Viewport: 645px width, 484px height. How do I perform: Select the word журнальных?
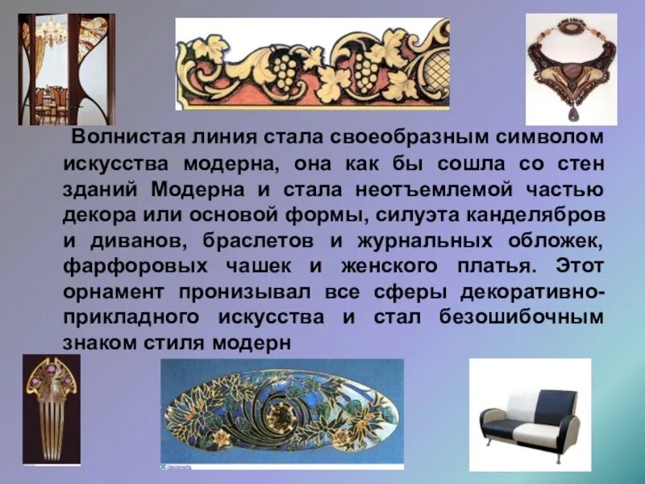(416, 243)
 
